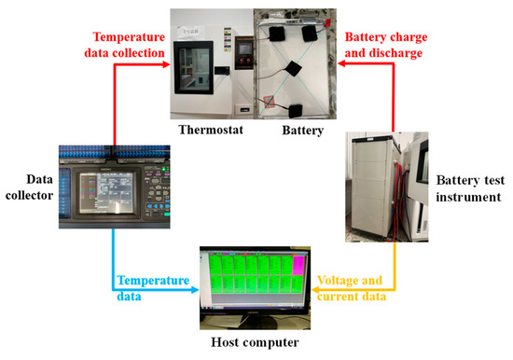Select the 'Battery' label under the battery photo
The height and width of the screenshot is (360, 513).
302,131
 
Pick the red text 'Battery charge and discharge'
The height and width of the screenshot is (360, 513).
386,44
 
